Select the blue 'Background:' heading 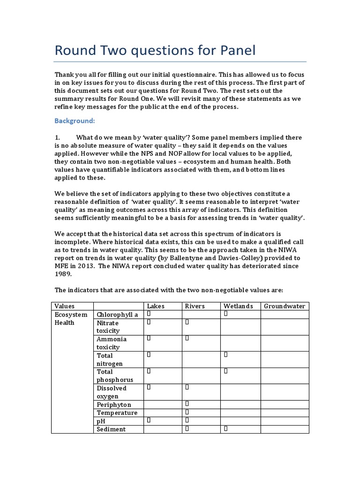75,120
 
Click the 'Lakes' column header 156,306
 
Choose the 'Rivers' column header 195,306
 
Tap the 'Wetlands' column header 238,306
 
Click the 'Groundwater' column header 285,306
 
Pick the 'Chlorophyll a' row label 117,315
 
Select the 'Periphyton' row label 114,405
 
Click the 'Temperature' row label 117,412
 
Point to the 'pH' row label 101,421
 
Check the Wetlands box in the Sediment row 225,428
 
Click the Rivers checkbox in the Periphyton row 187,404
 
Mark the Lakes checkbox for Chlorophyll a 149,314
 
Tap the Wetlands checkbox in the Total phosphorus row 225,371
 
